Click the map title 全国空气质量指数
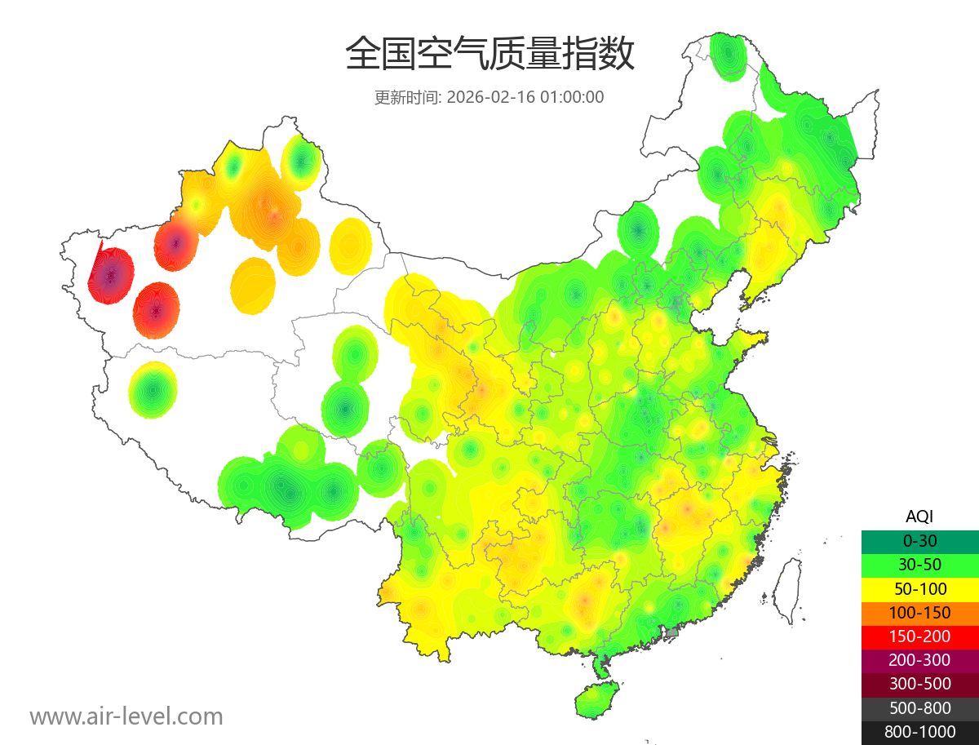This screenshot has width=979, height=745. click(489, 55)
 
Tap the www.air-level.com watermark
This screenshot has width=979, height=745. click(126, 716)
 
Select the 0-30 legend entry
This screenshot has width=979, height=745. click(919, 540)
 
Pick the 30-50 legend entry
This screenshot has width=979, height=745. click(919, 564)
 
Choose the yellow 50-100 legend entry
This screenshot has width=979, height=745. click(919, 588)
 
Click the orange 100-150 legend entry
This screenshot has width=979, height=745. click(919, 612)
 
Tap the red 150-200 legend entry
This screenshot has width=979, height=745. click(919, 636)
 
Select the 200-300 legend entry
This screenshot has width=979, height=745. click(919, 660)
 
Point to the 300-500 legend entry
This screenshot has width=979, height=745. click(919, 684)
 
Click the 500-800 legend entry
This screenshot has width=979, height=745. click(919, 708)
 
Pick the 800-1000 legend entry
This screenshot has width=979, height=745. click(919, 732)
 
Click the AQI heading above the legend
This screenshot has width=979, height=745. click(919, 516)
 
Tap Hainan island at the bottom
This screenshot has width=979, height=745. click(596, 701)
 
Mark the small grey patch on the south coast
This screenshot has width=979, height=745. click(672, 632)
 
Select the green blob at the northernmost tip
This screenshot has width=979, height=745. click(727, 55)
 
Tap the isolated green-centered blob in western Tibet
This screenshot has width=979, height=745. click(153, 390)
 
